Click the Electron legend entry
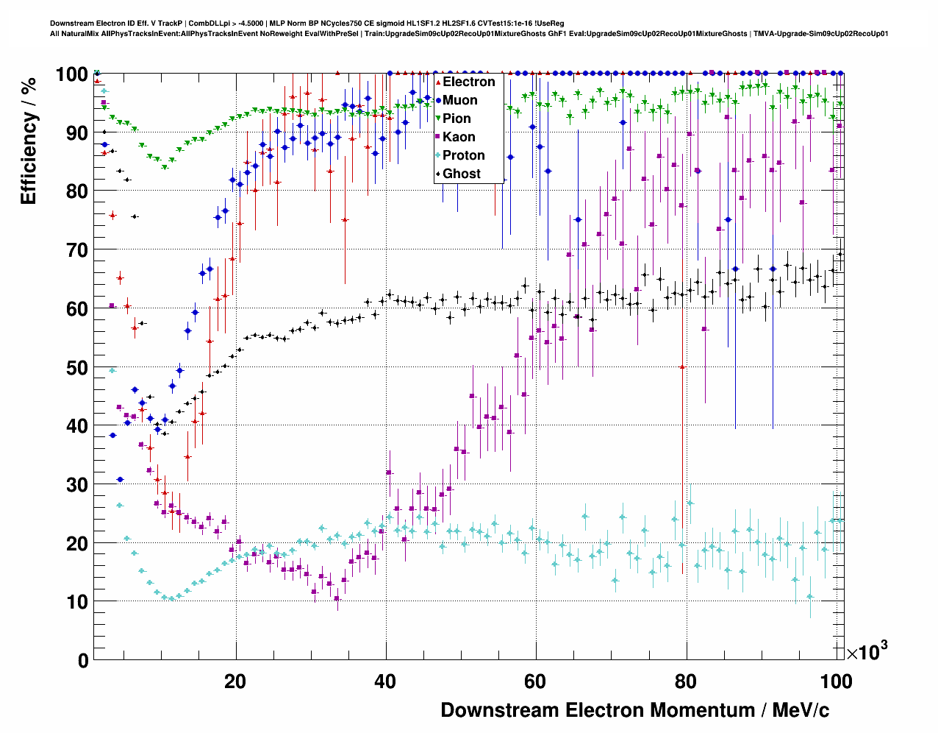point(468,82)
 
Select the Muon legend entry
point(459,100)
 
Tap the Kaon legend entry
point(459,137)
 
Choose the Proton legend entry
point(463,155)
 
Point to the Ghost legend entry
point(461,174)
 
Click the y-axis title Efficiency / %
point(29,140)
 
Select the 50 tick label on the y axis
point(76,367)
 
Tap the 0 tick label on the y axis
point(83,660)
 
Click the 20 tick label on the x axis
point(235,681)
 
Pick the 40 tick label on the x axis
point(385,681)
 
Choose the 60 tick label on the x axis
point(535,681)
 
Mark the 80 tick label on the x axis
point(685,681)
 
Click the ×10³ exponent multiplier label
point(867,651)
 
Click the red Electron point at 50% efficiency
point(683,366)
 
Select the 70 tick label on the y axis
point(76,250)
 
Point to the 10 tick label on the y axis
point(76,602)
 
